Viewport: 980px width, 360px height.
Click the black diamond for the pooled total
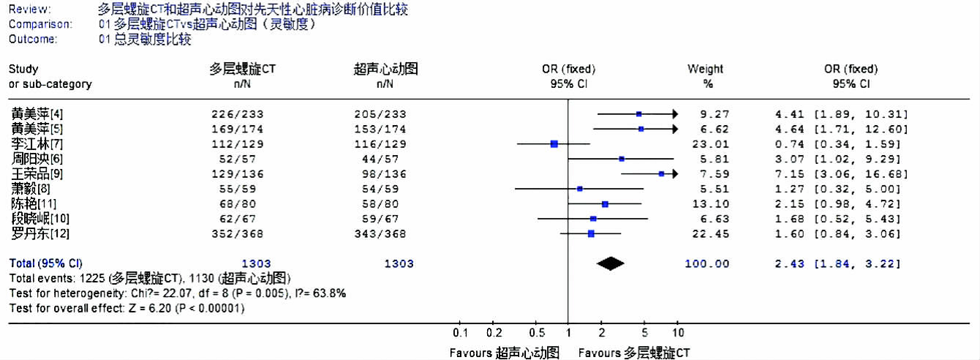click(610, 264)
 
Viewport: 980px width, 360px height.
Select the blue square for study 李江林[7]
click(554, 143)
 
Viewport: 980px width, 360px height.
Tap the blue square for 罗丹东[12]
click(591, 234)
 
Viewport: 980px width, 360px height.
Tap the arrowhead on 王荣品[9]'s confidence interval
click(674, 174)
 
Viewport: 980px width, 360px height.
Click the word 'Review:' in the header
click(30, 10)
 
